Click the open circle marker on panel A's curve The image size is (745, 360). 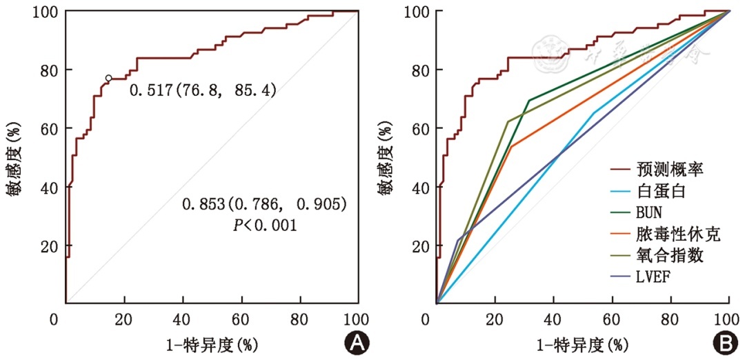(x=108, y=79)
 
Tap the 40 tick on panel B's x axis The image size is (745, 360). (x=553, y=321)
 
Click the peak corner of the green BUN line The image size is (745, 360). (x=529, y=101)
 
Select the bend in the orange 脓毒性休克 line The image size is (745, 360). (x=511, y=146)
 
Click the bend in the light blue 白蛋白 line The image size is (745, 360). (x=594, y=112)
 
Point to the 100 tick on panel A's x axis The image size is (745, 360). (x=357, y=321)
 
